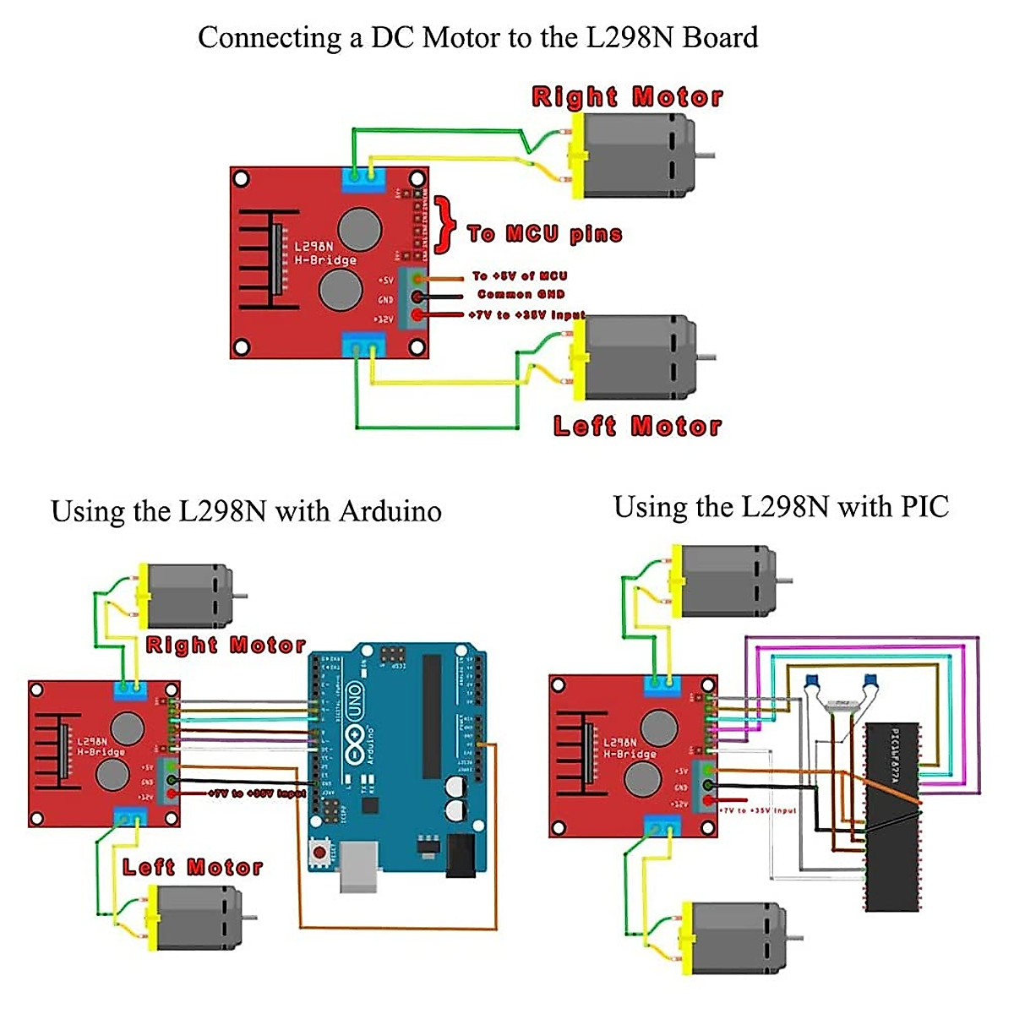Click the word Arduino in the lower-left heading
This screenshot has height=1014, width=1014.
390,511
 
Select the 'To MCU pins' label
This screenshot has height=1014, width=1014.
544,234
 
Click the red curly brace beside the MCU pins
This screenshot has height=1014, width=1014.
445,225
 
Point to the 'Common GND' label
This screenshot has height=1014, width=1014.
521,294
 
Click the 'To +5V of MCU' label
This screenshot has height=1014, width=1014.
519,275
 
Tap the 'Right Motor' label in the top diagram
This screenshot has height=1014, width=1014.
627,96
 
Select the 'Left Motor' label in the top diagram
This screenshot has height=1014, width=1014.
637,426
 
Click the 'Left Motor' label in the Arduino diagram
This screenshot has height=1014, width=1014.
193,867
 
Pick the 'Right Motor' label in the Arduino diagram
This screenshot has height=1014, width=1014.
225,646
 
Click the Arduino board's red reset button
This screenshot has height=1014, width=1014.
319,852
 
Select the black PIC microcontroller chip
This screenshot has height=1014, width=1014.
892,816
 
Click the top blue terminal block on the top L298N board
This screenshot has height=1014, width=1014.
363,178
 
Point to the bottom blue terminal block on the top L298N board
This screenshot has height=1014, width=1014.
363,346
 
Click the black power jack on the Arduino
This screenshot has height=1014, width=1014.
461,855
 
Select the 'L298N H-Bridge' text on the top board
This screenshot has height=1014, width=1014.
324,253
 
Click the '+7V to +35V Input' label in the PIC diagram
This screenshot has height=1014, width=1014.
759,810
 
